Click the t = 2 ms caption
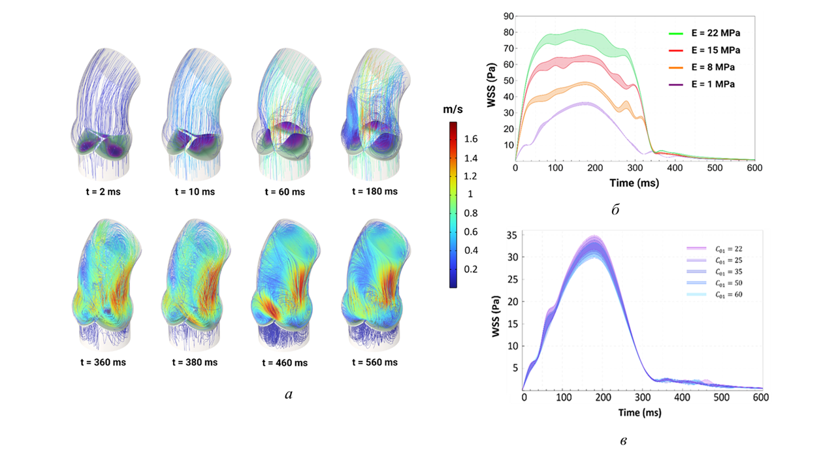pos(103,192)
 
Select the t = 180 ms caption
pos(375,191)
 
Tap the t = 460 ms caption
pos(285,362)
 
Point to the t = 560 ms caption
pos(375,362)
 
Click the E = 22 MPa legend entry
pos(704,33)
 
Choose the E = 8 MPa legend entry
pos(701,67)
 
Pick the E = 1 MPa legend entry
pos(701,84)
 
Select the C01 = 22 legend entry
pos(715,249)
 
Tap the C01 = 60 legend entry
pos(715,294)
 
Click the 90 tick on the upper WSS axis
pos(508,16)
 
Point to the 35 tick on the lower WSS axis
pos(511,235)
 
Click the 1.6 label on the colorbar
pos(471,139)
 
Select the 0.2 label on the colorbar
pos(471,269)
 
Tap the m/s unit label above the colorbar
pos(453,109)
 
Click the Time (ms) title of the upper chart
pos(634,183)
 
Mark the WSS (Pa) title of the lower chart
pos(496,317)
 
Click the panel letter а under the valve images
pos(289,395)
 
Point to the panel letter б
pos(615,210)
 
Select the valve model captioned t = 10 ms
pos(195,114)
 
